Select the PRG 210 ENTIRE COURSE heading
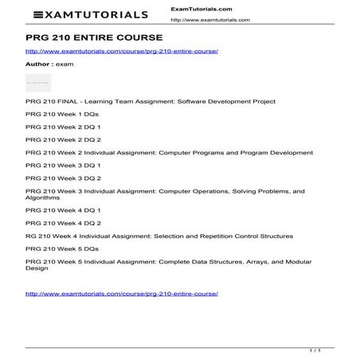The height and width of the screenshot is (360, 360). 94,37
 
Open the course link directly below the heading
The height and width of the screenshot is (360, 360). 122,51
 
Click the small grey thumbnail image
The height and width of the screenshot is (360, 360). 38,82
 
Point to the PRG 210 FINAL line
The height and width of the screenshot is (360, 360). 151,102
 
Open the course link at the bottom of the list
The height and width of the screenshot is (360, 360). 122,293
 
